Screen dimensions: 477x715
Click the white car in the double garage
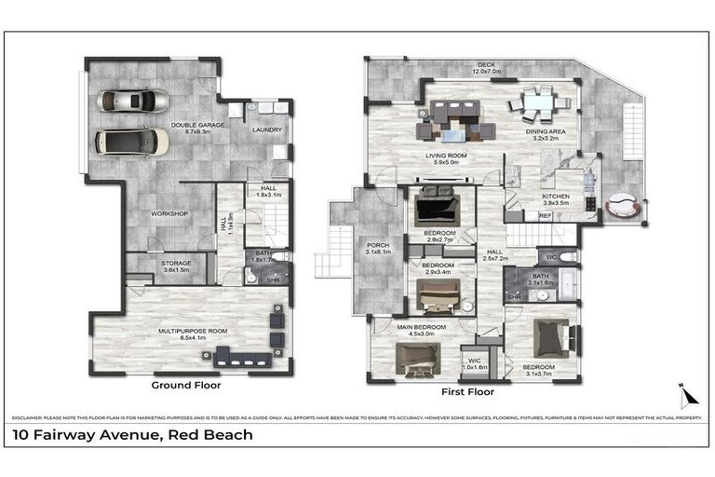pyautogui.click(x=132, y=142)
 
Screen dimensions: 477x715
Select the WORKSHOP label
pyautogui.click(x=169, y=214)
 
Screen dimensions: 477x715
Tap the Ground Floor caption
pyautogui.click(x=185, y=384)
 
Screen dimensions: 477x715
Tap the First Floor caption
pyautogui.click(x=467, y=392)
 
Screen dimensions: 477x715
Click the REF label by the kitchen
pyautogui.click(x=546, y=216)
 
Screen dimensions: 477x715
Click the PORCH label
pyautogui.click(x=378, y=248)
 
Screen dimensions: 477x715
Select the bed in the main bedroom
pyautogui.click(x=417, y=358)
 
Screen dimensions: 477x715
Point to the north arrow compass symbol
pyautogui.click(x=688, y=395)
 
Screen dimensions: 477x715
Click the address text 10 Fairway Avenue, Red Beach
pyautogui.click(x=132, y=434)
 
